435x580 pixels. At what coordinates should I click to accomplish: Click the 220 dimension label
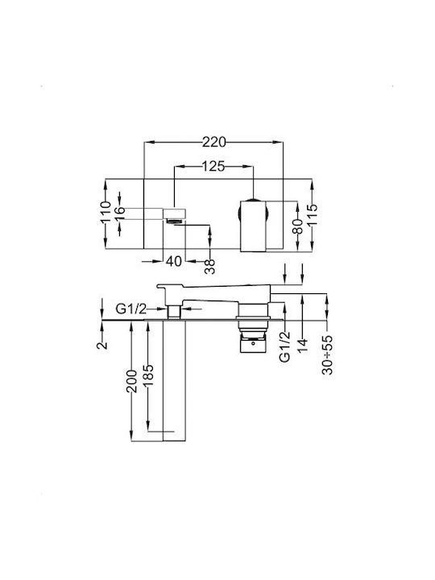point(213,142)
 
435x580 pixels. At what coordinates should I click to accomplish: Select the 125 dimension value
point(213,167)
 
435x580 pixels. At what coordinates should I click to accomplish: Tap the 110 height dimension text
point(106,212)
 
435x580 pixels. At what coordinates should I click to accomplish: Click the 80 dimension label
point(297,226)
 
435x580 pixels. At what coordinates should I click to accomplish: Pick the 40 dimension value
point(173,261)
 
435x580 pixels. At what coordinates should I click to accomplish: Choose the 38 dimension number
point(209,267)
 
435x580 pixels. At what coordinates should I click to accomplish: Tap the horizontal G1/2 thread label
point(131,309)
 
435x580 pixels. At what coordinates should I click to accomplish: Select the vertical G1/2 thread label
point(284,347)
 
